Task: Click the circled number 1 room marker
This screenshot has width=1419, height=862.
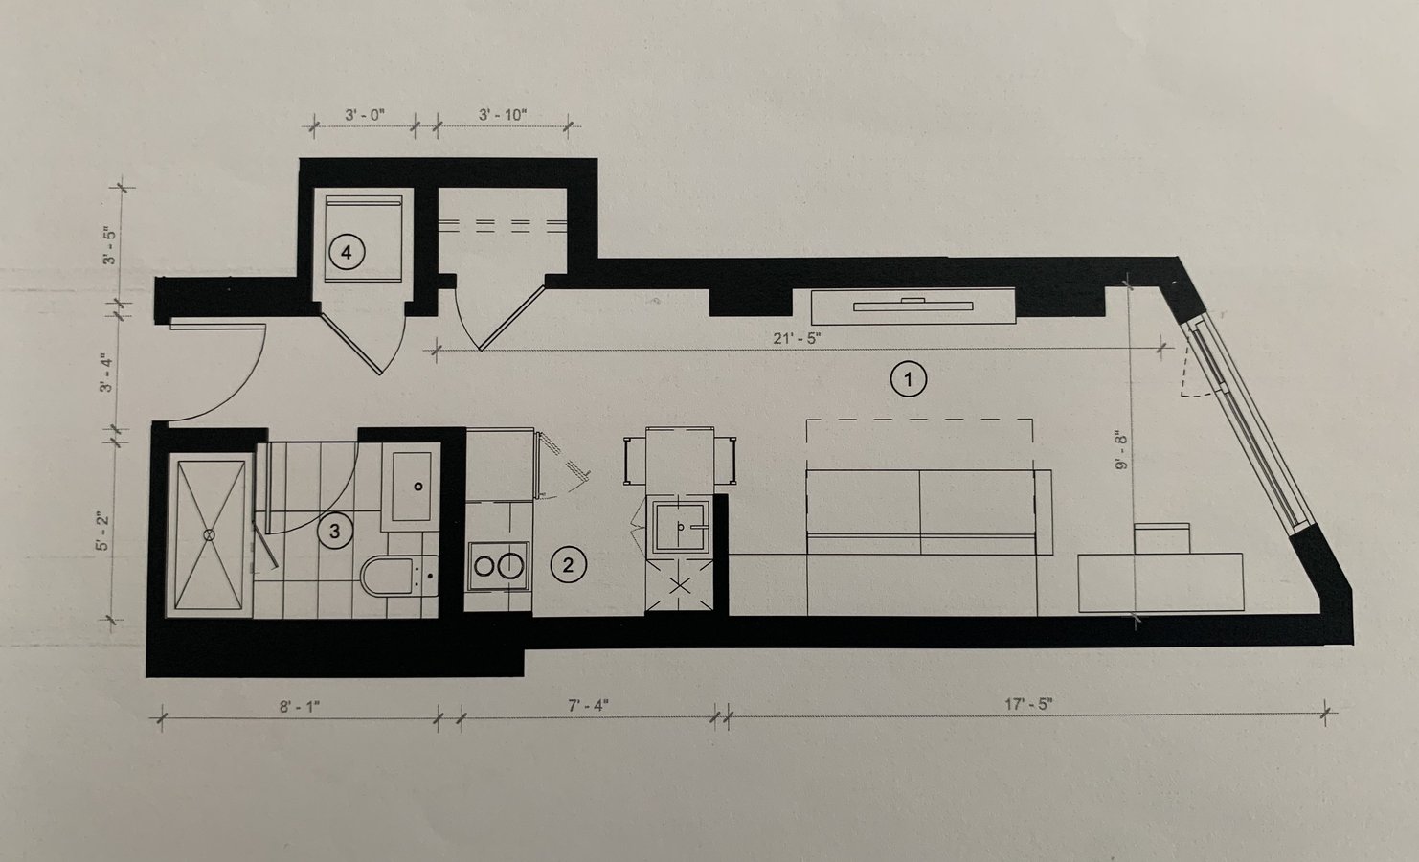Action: (909, 379)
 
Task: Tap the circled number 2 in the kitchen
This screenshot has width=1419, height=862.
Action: (568, 565)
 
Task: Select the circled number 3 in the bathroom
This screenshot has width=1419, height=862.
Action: (334, 532)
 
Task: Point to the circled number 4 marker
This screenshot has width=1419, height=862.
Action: (346, 253)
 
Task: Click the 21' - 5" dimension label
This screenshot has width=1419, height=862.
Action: (797, 338)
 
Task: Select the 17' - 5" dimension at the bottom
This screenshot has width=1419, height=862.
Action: (1028, 704)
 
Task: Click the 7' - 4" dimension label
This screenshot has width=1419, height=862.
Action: (588, 705)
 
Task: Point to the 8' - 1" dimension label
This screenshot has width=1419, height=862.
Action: (300, 706)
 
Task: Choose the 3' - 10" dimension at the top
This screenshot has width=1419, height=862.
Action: (503, 115)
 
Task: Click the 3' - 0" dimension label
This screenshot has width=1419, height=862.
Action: (365, 115)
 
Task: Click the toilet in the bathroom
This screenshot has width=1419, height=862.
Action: (399, 577)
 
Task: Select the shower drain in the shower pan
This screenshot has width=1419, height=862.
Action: (209, 535)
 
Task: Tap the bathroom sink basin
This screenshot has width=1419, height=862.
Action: (412, 487)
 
